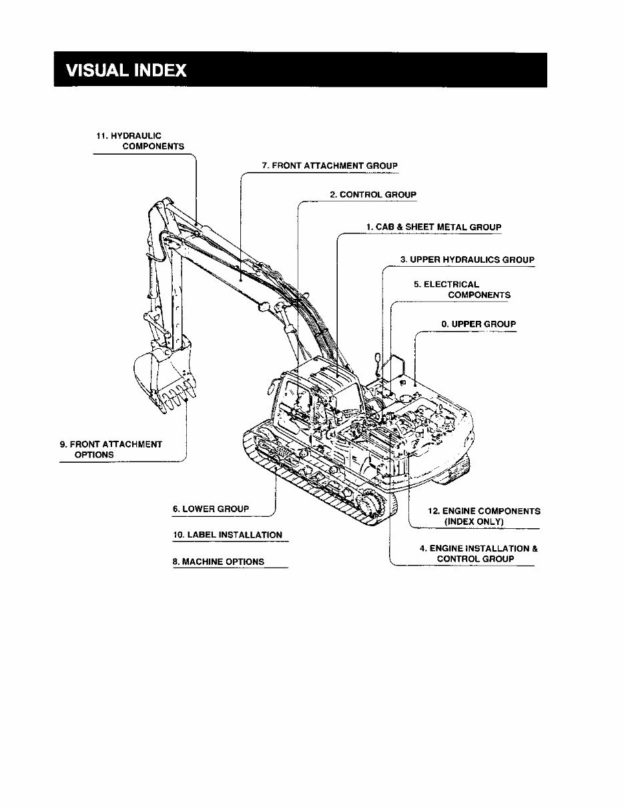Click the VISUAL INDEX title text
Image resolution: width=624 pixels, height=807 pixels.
point(126,71)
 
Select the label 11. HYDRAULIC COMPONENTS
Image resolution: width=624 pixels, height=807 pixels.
point(140,141)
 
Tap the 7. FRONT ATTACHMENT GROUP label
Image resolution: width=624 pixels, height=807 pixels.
point(330,165)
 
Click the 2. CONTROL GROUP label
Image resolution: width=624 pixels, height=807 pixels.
point(372,195)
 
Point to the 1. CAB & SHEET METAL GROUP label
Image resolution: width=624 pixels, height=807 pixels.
point(433,227)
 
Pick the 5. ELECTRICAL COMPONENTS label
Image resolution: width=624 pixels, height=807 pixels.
point(462,289)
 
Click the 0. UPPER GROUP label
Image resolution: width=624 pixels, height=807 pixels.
point(478,324)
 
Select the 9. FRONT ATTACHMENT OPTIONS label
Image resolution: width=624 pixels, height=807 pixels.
point(111,449)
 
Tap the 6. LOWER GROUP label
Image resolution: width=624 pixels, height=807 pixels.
point(211,509)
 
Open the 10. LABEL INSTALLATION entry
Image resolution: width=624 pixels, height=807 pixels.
point(227,535)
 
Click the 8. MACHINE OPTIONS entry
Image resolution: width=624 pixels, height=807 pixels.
point(218,562)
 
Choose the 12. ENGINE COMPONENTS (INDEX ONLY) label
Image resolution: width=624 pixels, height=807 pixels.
point(483,516)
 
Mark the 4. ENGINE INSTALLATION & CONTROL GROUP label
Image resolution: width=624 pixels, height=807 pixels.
point(478,554)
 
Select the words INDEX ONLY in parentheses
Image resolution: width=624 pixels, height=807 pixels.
point(474,521)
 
